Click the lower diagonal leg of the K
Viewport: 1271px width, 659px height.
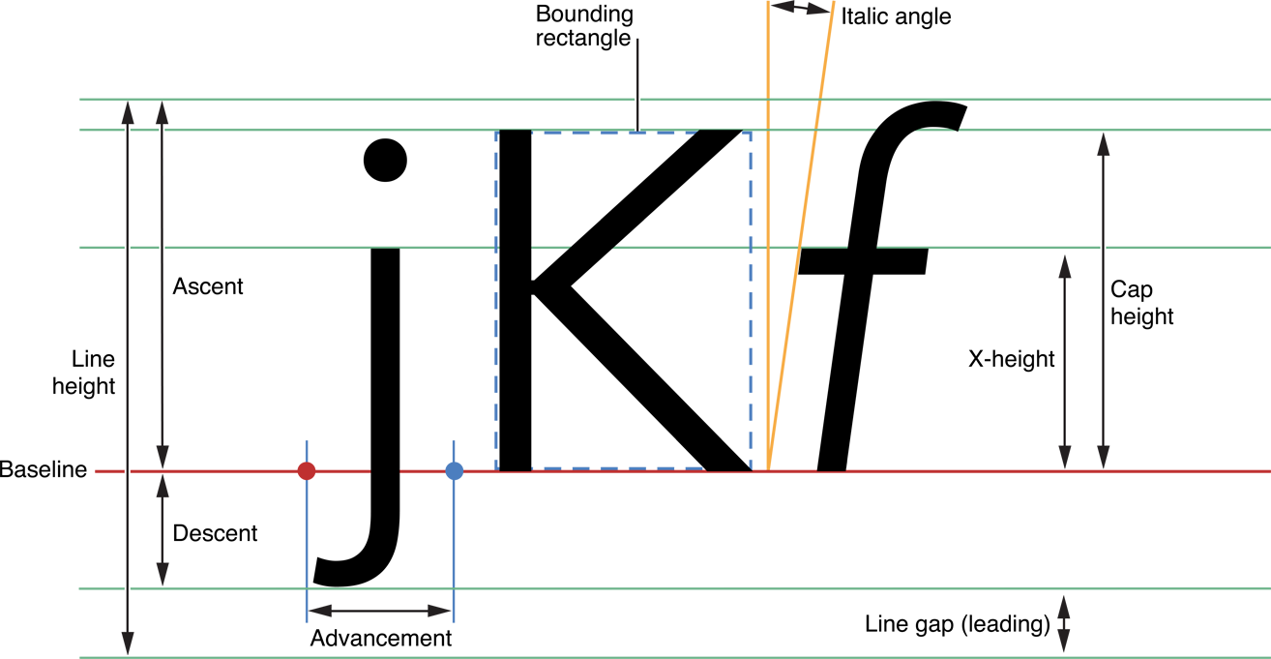(658, 406)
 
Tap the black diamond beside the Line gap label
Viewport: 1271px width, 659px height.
(1064, 622)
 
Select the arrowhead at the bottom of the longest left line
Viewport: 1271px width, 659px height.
(128, 641)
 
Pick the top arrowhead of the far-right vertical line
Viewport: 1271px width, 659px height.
(1103, 146)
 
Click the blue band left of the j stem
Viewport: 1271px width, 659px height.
(307, 368)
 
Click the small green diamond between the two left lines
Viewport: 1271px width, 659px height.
(145, 247)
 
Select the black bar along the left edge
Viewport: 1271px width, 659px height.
(23, 329)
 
